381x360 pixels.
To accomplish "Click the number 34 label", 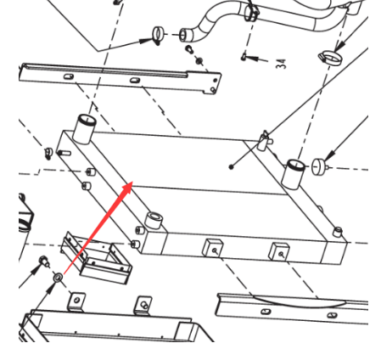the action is tap(281, 64).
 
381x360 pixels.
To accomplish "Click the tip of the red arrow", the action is tap(132, 182).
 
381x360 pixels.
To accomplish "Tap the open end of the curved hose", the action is tap(184, 35).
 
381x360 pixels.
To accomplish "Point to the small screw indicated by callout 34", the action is tap(244, 57).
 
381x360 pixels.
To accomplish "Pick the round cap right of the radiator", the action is tap(319, 166).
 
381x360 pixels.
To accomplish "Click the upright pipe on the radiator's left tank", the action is tap(84, 129).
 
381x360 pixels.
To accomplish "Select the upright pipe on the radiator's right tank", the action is tap(294, 174).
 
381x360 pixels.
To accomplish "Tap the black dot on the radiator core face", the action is tap(231, 167).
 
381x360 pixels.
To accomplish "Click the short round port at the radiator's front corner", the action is tap(154, 220).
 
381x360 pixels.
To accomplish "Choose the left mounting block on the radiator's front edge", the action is tap(213, 248).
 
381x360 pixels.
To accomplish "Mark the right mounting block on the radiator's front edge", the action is tap(279, 252).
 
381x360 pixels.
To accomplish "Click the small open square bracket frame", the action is tap(97, 258).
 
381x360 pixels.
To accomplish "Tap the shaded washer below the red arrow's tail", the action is tap(58, 277).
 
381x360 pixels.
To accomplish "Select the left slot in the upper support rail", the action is tap(69, 76).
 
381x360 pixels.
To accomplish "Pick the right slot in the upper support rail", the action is tap(135, 81).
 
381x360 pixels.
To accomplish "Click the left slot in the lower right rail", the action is tap(266, 312).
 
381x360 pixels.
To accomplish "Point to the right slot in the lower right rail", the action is tap(332, 315).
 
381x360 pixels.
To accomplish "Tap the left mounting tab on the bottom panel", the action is tap(77, 301).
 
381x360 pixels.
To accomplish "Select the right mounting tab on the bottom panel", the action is tap(143, 305).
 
